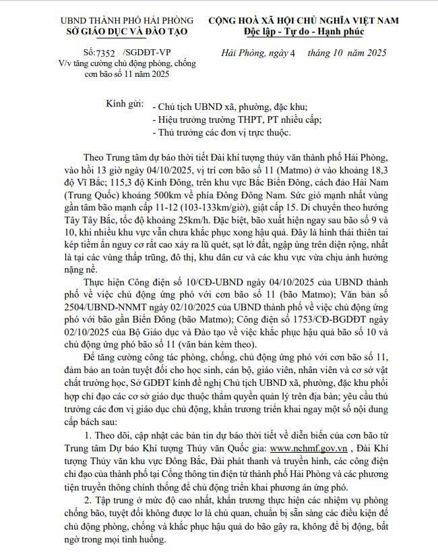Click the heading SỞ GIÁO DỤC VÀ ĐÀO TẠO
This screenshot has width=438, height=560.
click(x=127, y=31)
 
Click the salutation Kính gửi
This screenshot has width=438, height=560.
click(x=125, y=105)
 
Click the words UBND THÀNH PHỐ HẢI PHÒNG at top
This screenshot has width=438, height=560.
click(x=127, y=20)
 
